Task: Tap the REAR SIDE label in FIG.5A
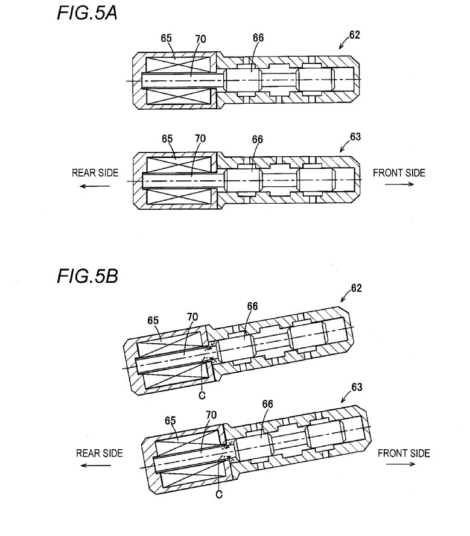(95, 173)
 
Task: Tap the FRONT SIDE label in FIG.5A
(399, 173)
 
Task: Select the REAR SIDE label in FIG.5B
(100, 453)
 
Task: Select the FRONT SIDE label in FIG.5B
(404, 453)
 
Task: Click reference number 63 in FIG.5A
(355, 137)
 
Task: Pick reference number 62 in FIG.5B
(356, 288)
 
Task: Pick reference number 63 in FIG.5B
(357, 387)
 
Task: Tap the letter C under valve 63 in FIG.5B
(219, 494)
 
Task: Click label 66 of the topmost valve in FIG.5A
(258, 38)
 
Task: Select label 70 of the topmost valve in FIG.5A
(200, 39)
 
